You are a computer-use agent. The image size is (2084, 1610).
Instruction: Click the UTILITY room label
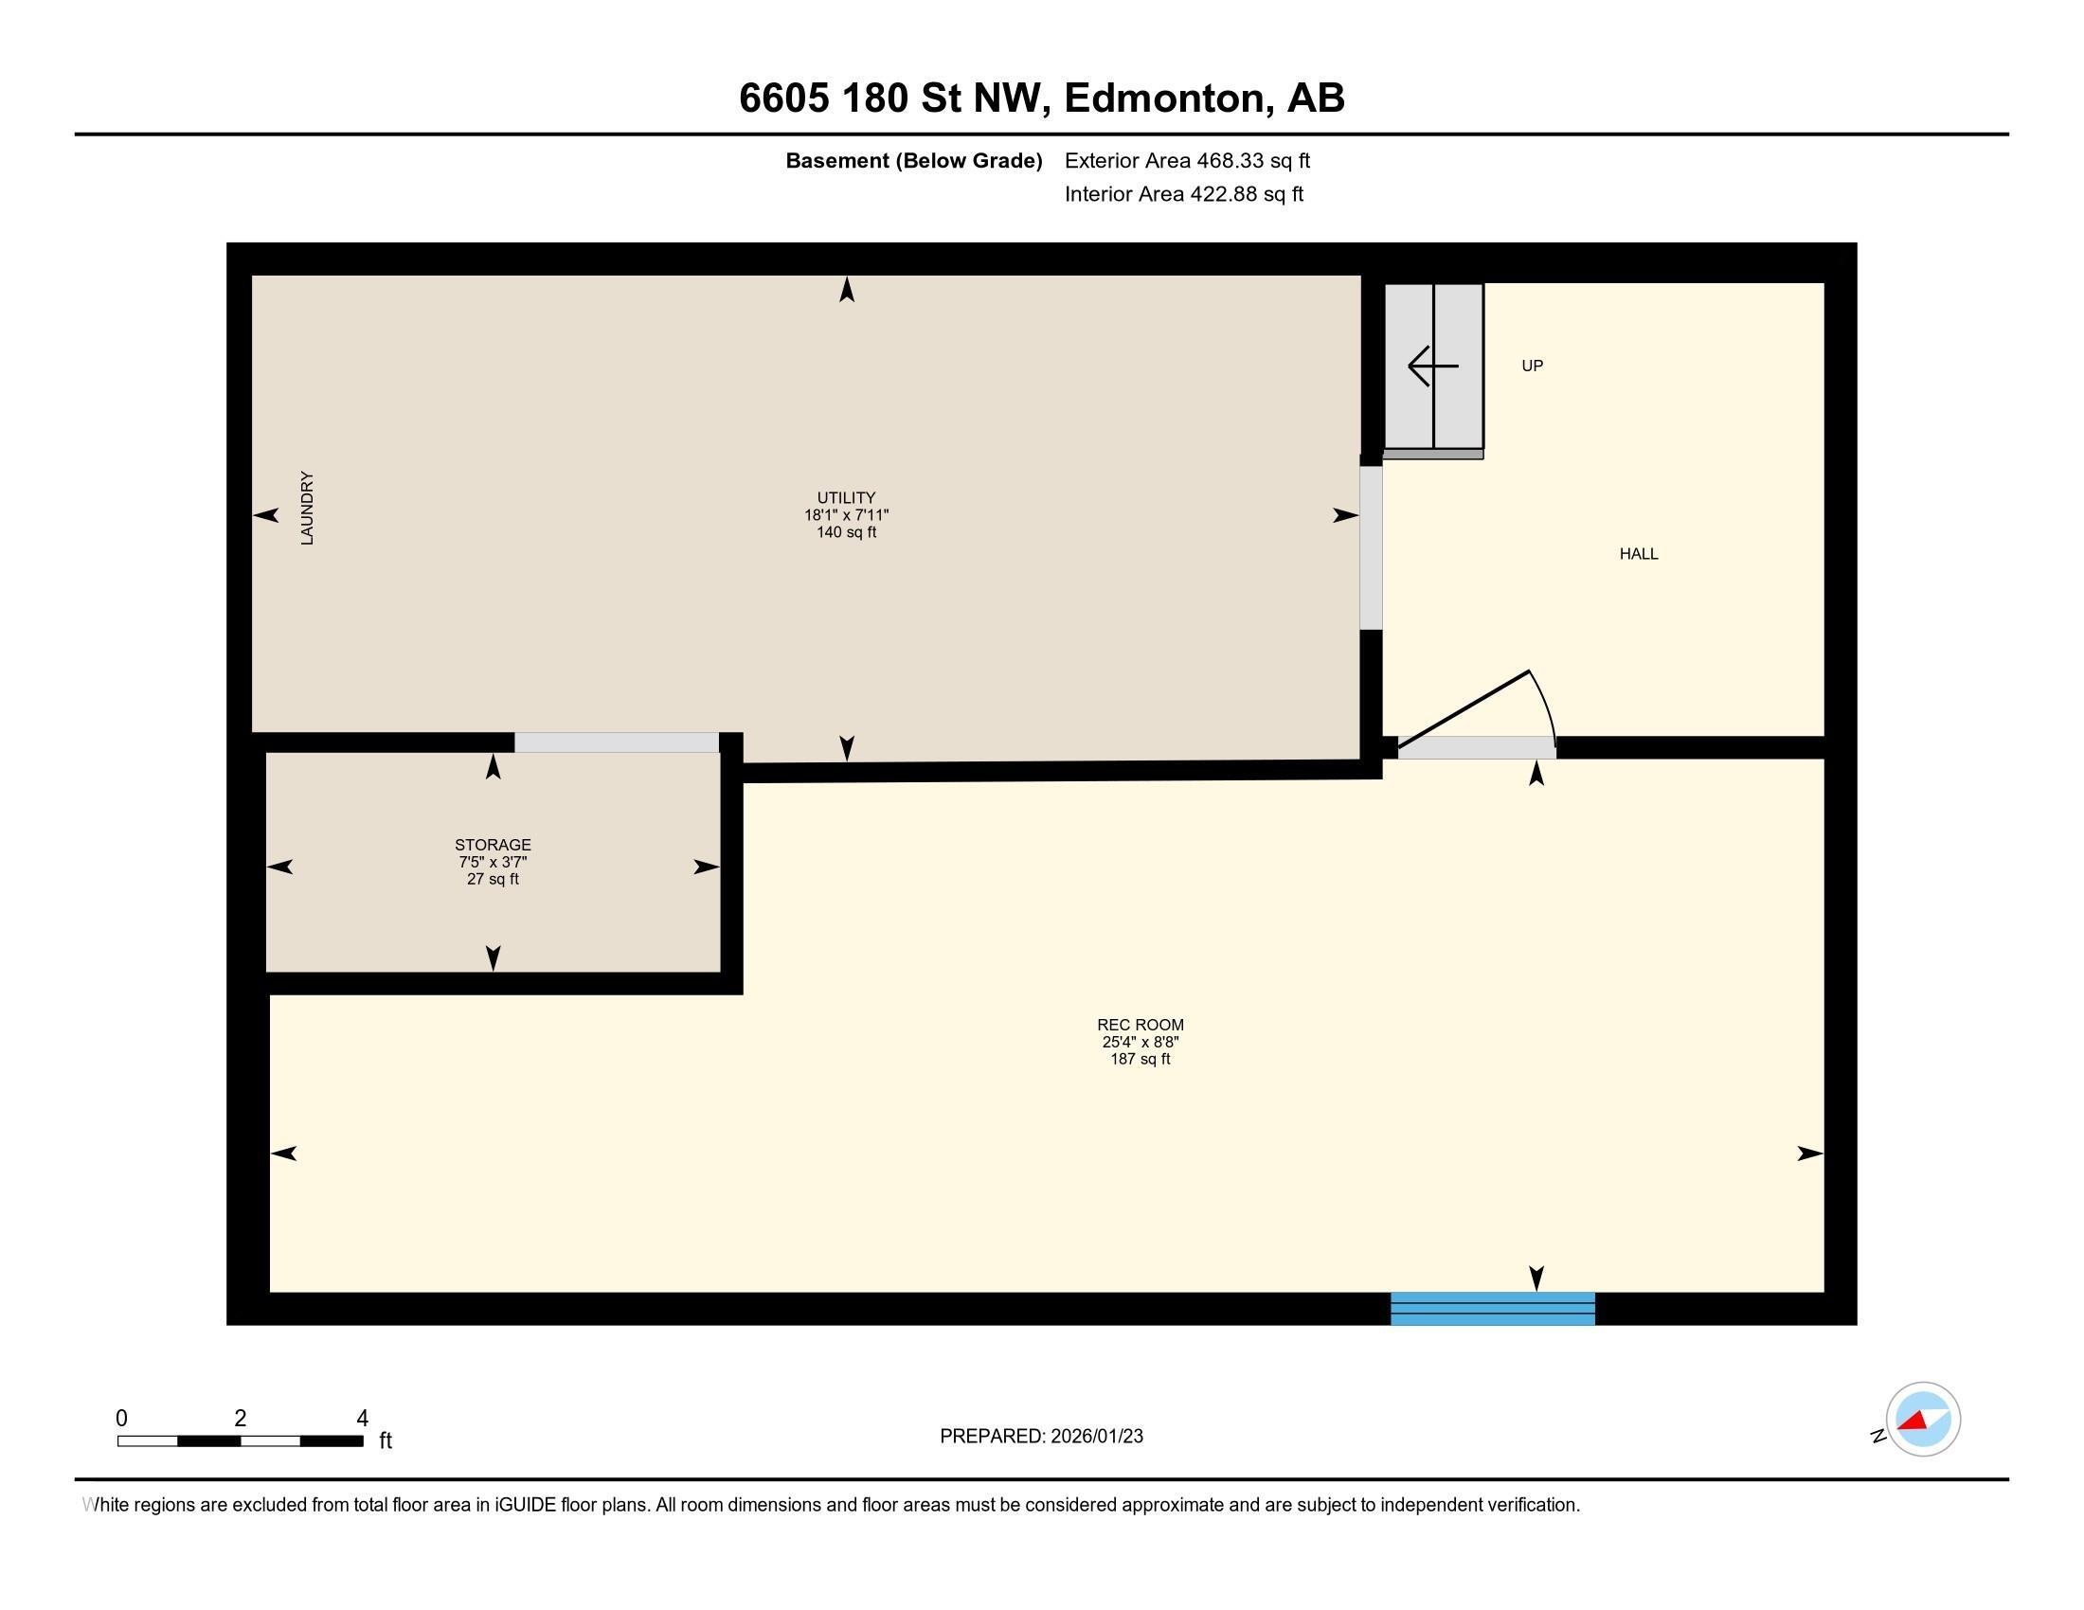coord(845,498)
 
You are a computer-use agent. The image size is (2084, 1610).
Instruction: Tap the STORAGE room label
coord(493,845)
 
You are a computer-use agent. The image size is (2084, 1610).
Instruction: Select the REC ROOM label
coord(1141,1026)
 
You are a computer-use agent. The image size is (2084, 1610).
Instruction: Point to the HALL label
coord(1639,554)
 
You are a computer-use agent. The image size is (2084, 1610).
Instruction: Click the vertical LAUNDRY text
coord(307,509)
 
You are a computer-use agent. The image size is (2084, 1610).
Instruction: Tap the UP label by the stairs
coord(1533,367)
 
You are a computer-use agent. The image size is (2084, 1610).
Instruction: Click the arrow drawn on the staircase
coord(1433,367)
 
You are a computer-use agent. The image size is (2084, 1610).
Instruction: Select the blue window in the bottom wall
coord(1492,1309)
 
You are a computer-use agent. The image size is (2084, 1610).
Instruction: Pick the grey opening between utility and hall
coord(1371,547)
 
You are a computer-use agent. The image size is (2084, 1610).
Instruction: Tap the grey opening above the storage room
coord(617,742)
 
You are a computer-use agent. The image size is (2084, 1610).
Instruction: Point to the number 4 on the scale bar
coord(362,1419)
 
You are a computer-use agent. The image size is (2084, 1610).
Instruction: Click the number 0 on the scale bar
coord(122,1419)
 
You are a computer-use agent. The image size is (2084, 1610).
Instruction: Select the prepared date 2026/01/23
coord(1095,1437)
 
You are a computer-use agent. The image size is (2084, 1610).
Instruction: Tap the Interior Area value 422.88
coord(1220,194)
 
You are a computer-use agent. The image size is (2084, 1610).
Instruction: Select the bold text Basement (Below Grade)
coord(913,161)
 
